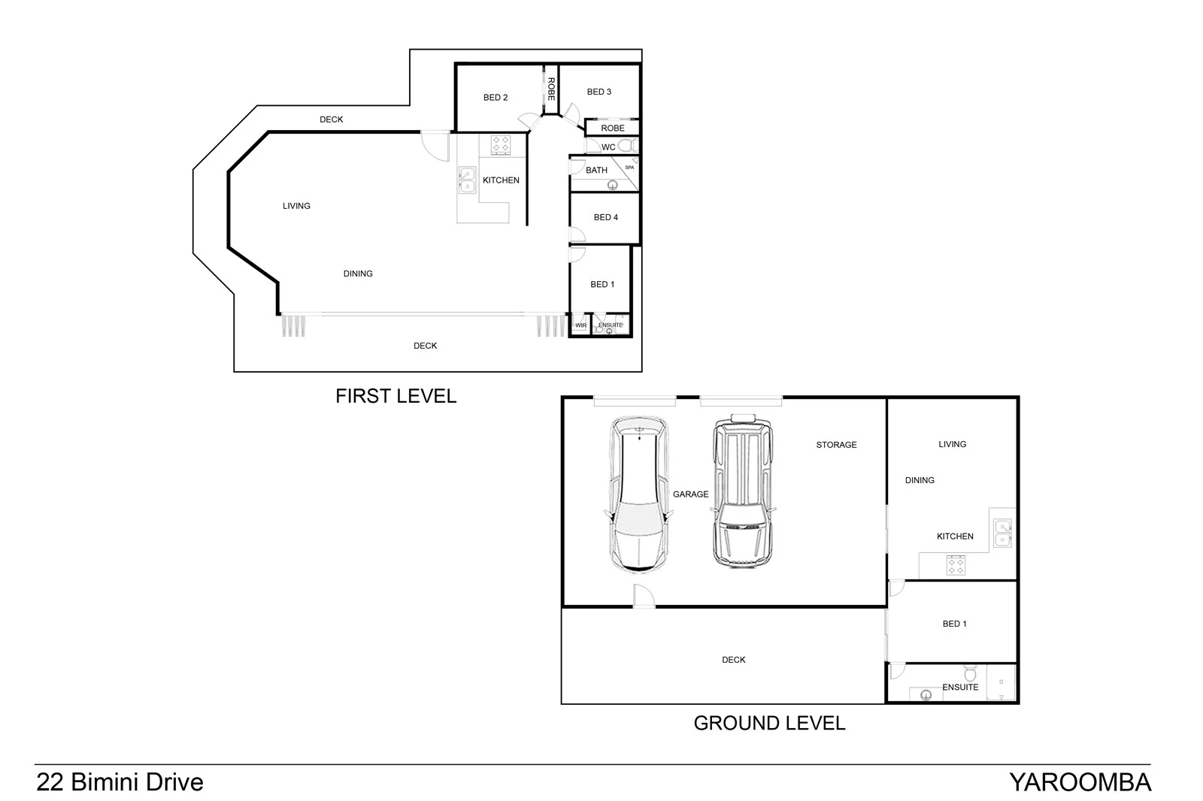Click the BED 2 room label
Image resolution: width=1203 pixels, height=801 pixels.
click(x=495, y=98)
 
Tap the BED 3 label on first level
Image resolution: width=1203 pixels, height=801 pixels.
click(x=599, y=92)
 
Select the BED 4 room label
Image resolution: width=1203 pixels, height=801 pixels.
click(x=606, y=217)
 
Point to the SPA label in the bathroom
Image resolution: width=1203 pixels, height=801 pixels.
click(x=629, y=167)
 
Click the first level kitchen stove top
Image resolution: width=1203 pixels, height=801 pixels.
click(x=502, y=144)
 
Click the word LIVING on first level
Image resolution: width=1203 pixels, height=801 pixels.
click(x=296, y=206)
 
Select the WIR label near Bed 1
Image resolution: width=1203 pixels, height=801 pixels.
click(x=580, y=325)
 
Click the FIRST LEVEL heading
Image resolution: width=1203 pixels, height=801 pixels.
click(x=395, y=396)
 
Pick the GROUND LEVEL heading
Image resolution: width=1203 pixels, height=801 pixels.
click(x=769, y=723)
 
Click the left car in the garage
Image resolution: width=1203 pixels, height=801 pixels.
click(x=638, y=496)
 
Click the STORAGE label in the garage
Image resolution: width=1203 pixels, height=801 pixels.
click(x=836, y=445)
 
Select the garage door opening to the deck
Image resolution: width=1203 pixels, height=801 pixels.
click(x=644, y=597)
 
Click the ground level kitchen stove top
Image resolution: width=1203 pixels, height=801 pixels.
click(x=956, y=565)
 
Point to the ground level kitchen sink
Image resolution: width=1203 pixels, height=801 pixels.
click(x=1002, y=533)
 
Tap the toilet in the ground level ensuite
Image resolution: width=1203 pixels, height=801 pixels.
click(x=970, y=672)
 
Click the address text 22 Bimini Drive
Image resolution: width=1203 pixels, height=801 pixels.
click(x=120, y=782)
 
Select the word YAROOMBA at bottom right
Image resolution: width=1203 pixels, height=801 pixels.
click(x=1080, y=782)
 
